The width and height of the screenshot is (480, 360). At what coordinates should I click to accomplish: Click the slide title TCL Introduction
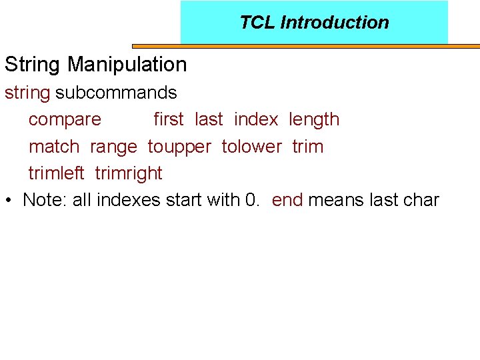click(x=314, y=23)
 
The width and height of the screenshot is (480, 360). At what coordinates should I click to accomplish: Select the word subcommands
click(x=116, y=93)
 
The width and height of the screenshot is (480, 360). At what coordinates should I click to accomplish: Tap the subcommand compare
click(x=65, y=120)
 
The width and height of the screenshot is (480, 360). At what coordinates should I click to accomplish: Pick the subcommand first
click(x=168, y=119)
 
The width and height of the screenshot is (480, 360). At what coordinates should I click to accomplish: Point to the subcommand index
click(x=256, y=119)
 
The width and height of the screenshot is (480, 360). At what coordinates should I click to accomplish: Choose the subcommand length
click(x=314, y=120)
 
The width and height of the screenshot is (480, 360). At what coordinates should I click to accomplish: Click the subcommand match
click(x=54, y=147)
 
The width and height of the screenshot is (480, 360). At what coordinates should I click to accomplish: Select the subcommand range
click(x=113, y=147)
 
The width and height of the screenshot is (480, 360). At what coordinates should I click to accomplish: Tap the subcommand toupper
click(x=179, y=147)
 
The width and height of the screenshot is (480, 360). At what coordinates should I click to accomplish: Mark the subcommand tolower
click(x=251, y=147)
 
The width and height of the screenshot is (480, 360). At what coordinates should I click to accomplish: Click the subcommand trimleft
click(x=56, y=173)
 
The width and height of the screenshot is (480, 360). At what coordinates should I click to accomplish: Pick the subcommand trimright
click(x=129, y=174)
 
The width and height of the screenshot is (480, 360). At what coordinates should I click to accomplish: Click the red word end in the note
click(x=287, y=200)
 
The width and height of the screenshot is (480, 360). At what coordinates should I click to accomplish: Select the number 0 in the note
click(x=251, y=200)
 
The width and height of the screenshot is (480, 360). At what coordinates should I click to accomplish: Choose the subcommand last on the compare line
click(x=209, y=119)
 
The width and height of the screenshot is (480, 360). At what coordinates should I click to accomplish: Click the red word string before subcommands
click(x=27, y=93)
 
